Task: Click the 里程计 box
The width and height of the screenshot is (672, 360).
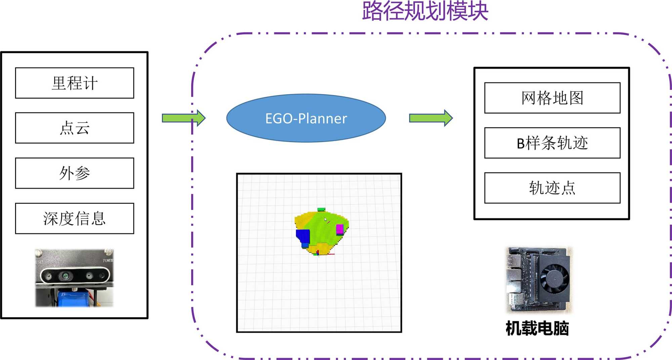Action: pos(75,83)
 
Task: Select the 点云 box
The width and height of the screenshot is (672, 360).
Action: pos(75,128)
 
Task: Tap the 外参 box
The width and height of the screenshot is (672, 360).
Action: pos(75,173)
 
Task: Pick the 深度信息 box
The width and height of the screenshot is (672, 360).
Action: pos(75,218)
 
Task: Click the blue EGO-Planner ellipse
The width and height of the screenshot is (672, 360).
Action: pos(306,118)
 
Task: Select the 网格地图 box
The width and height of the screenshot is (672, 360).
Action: pos(552,98)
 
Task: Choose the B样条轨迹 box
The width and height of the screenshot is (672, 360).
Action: pos(552,143)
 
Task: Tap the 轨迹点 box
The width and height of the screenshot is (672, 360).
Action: pos(552,188)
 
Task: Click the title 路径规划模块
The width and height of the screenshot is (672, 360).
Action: pos(425,11)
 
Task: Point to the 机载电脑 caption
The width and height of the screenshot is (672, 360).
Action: pos(537,328)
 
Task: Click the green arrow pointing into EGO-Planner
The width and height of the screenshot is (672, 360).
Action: pos(183,118)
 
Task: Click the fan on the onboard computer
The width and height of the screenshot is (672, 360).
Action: pos(556,278)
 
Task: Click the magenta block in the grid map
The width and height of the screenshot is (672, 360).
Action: pos(340,229)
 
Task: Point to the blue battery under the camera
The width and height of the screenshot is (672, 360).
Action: pos(75,299)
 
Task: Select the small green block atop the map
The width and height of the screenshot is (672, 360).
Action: pos(321,209)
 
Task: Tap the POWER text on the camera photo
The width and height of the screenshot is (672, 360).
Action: pos(108,261)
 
